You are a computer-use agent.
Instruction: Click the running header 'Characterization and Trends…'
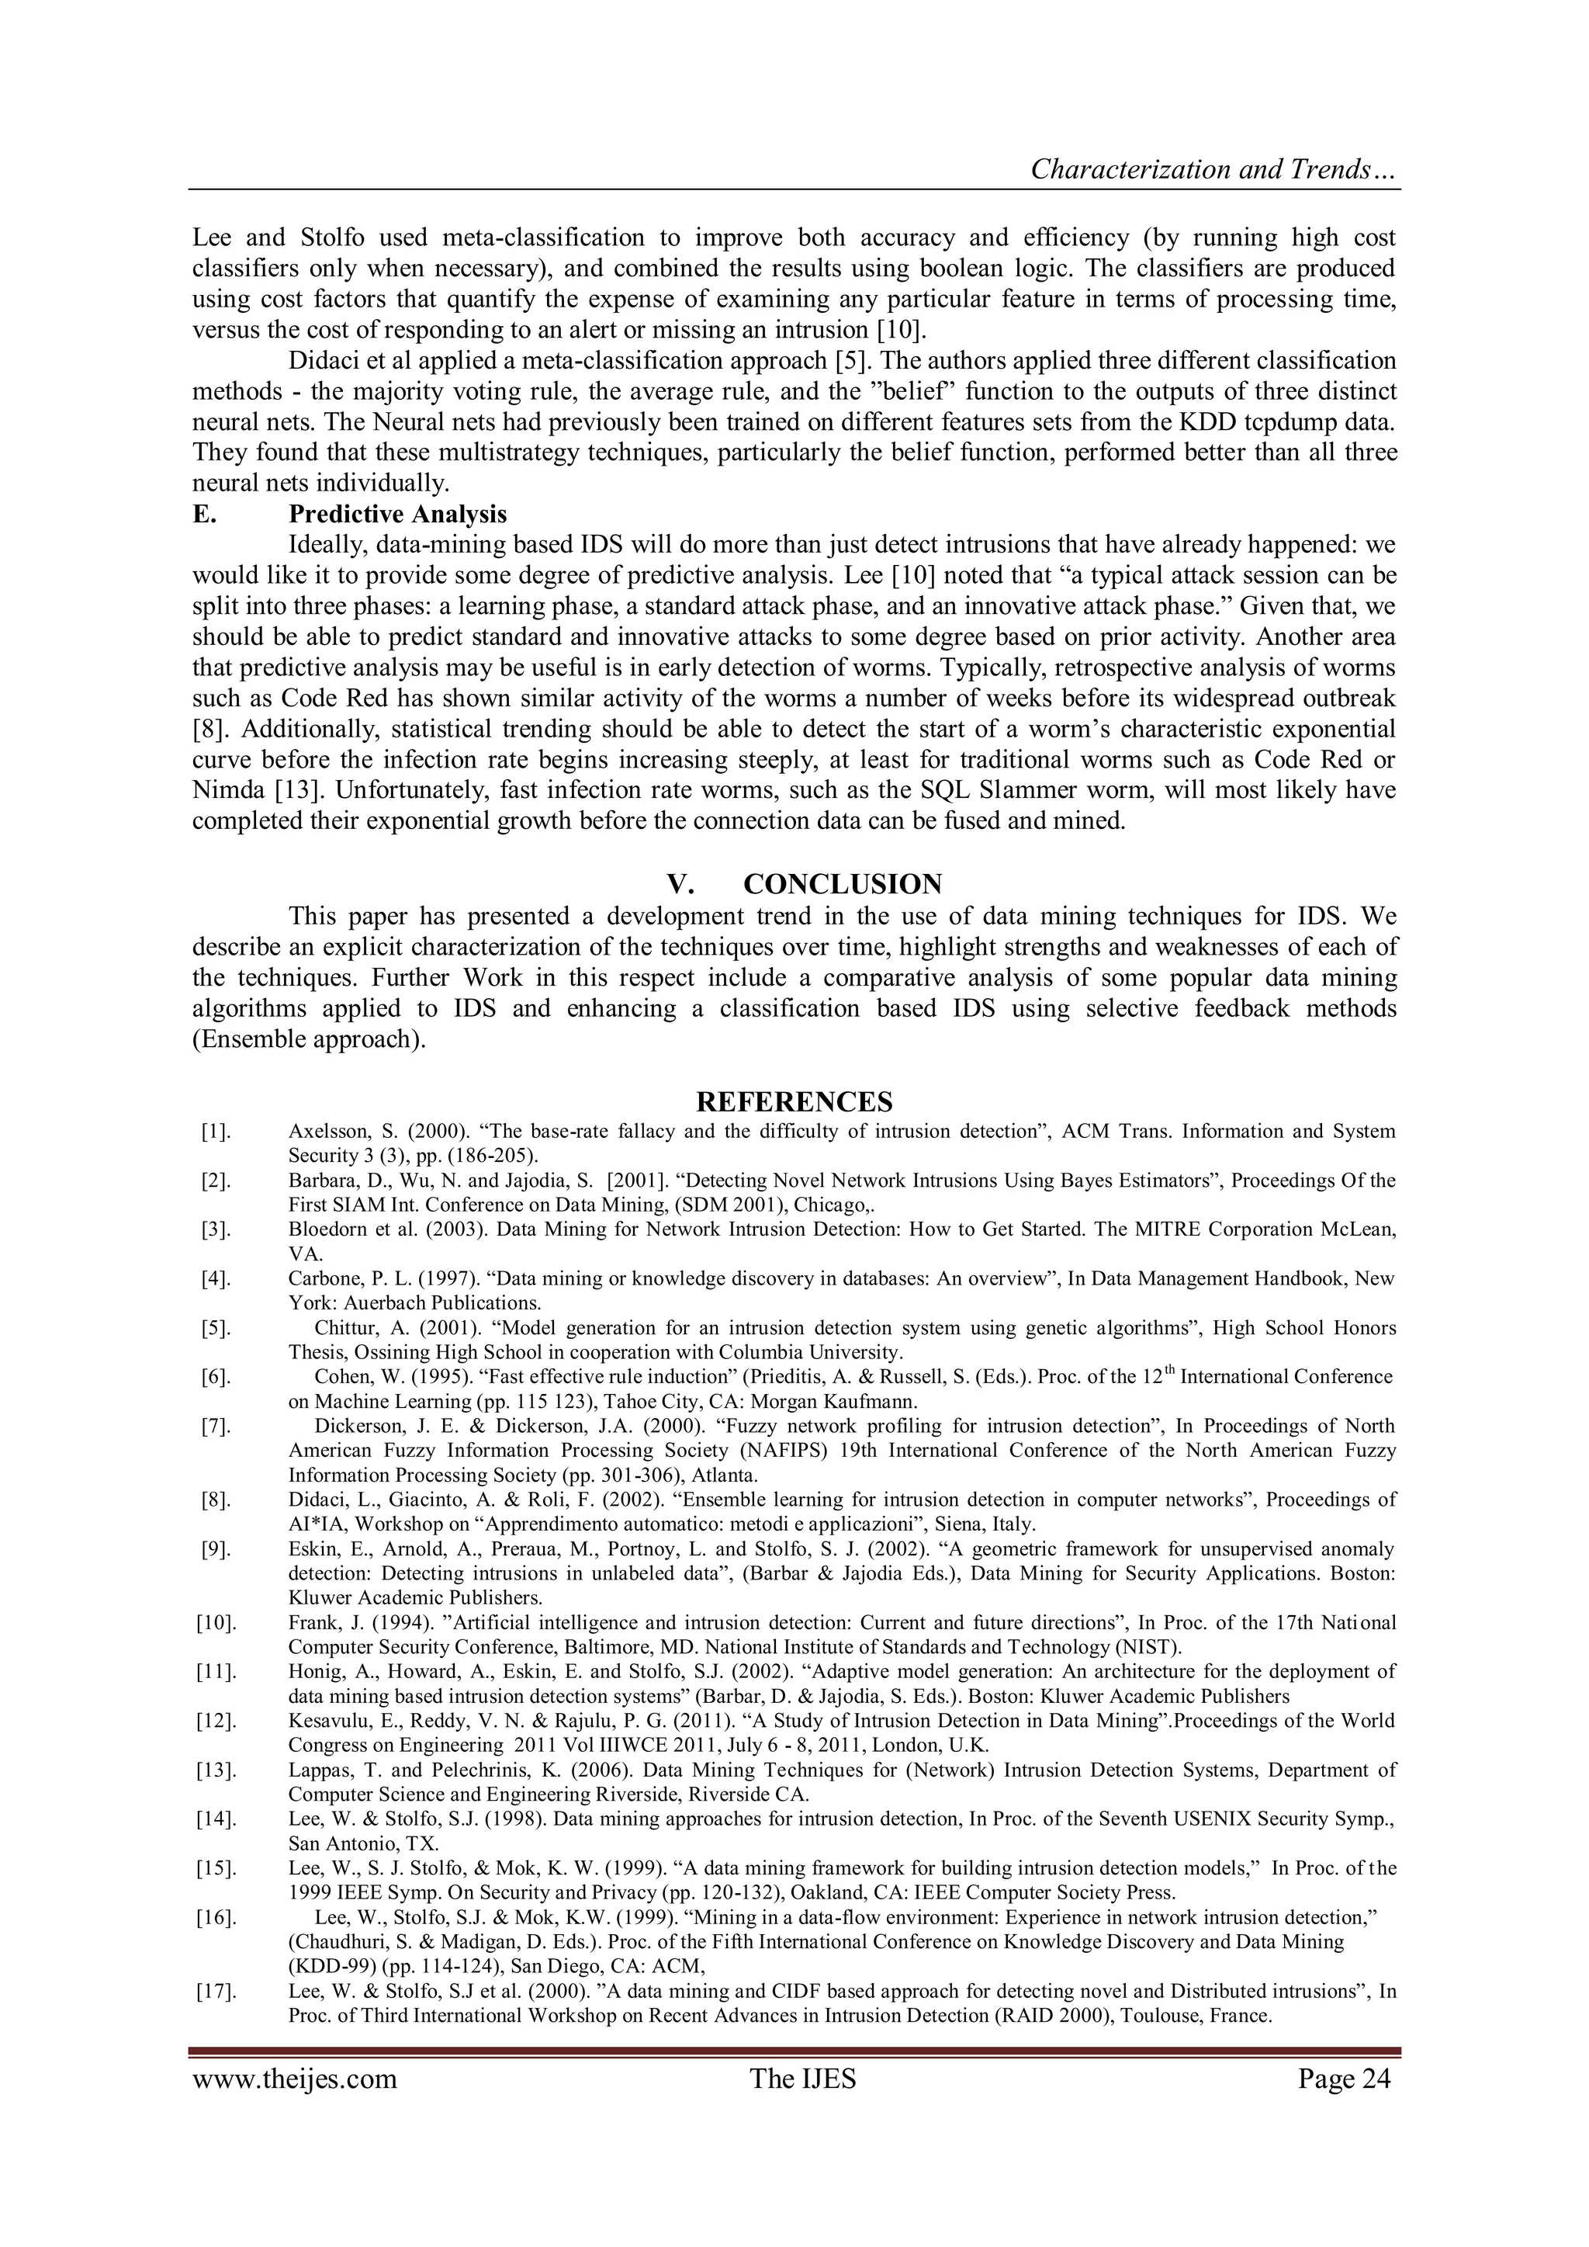tap(1213, 170)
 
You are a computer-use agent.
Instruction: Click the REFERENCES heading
tap(794, 1103)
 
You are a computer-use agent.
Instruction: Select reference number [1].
tap(214, 1132)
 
